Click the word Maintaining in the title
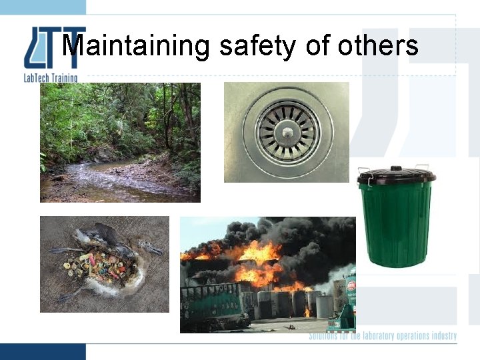[x=137, y=47]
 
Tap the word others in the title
[x=378, y=46]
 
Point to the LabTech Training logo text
[x=51, y=78]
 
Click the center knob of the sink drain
[x=286, y=132]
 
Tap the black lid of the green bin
[x=396, y=176]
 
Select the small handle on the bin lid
[x=396, y=169]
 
